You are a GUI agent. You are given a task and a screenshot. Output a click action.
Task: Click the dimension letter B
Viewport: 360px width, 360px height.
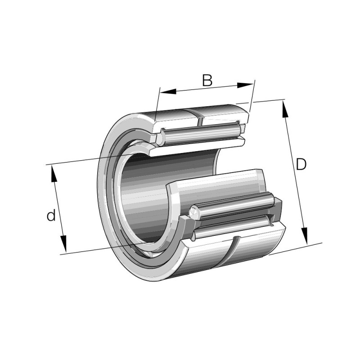(x=207, y=81)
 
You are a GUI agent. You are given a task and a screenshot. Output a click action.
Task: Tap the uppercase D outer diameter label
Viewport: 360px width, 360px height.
(x=301, y=165)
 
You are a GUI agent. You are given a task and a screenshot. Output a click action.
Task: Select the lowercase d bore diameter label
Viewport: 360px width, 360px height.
(x=51, y=216)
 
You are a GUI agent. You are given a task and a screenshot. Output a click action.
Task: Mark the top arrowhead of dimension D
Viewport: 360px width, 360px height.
(x=285, y=108)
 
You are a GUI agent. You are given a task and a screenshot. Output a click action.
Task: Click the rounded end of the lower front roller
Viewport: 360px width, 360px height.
(x=194, y=211)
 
